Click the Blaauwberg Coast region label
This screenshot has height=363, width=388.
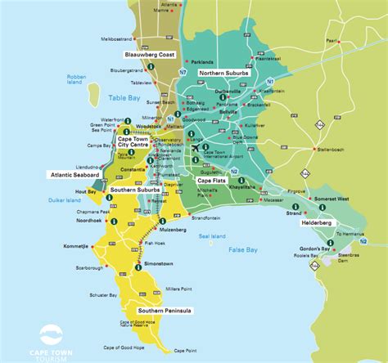click(x=150, y=54)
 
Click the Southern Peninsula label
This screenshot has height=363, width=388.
click(x=166, y=311)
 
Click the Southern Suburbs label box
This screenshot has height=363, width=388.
click(x=135, y=190)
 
